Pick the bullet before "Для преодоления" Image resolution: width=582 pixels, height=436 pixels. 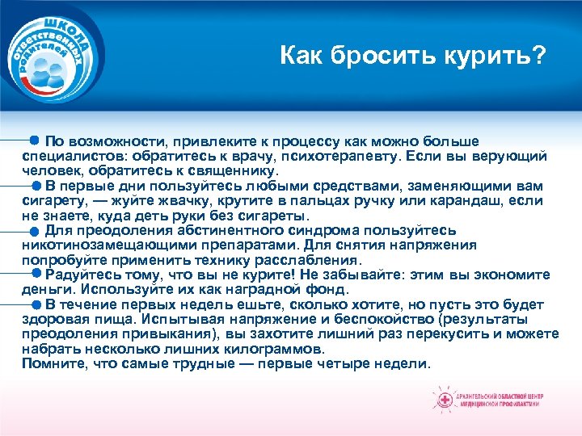pyautogui.click(x=35, y=230)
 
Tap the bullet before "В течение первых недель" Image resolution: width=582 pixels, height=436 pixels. pyautogui.click(x=35, y=305)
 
